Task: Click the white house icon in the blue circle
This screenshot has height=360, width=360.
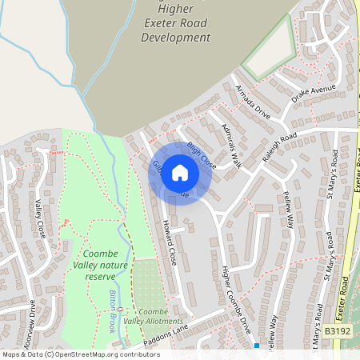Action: pyautogui.click(x=180, y=172)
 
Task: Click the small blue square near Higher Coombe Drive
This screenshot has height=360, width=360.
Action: pyautogui.click(x=256, y=346)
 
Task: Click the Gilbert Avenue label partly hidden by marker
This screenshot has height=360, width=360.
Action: pyautogui.click(x=158, y=172)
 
